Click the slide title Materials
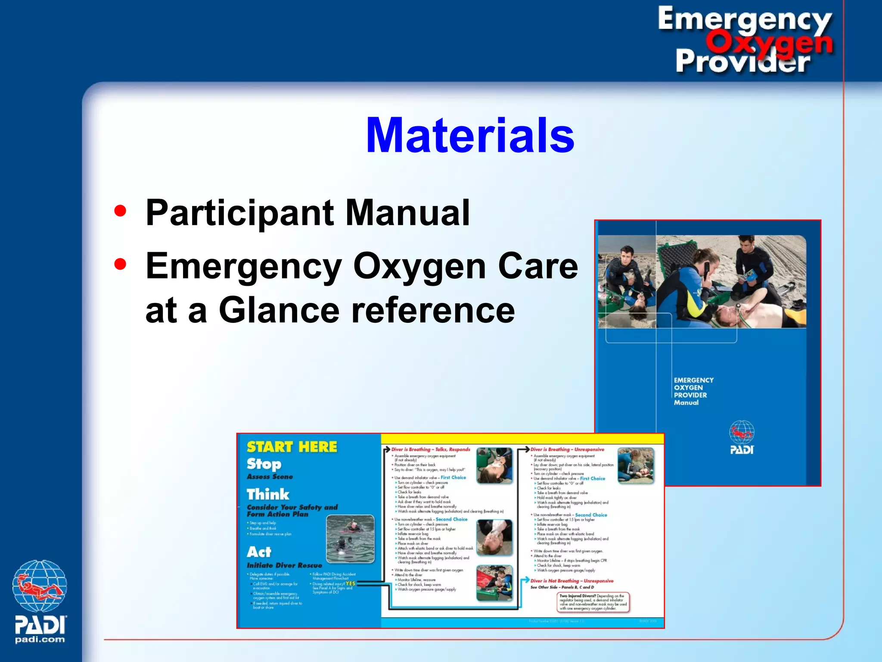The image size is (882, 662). click(x=469, y=136)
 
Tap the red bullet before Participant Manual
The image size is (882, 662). click(x=120, y=211)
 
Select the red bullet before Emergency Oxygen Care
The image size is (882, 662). click(x=120, y=264)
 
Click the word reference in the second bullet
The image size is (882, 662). click(x=433, y=310)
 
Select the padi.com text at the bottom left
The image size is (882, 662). click(x=40, y=640)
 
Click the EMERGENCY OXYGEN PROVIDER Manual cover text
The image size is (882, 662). click(x=693, y=391)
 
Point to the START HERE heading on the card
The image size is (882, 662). click(x=292, y=447)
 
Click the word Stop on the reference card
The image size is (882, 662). click(x=264, y=464)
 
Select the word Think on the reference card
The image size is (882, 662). click(x=267, y=494)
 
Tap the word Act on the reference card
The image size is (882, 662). click(x=259, y=552)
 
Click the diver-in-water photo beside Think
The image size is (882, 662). click(x=350, y=539)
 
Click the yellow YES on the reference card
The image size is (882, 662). click(x=350, y=584)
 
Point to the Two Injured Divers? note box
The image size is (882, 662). click(x=593, y=602)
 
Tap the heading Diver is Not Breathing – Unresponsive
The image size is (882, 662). click(x=571, y=581)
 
